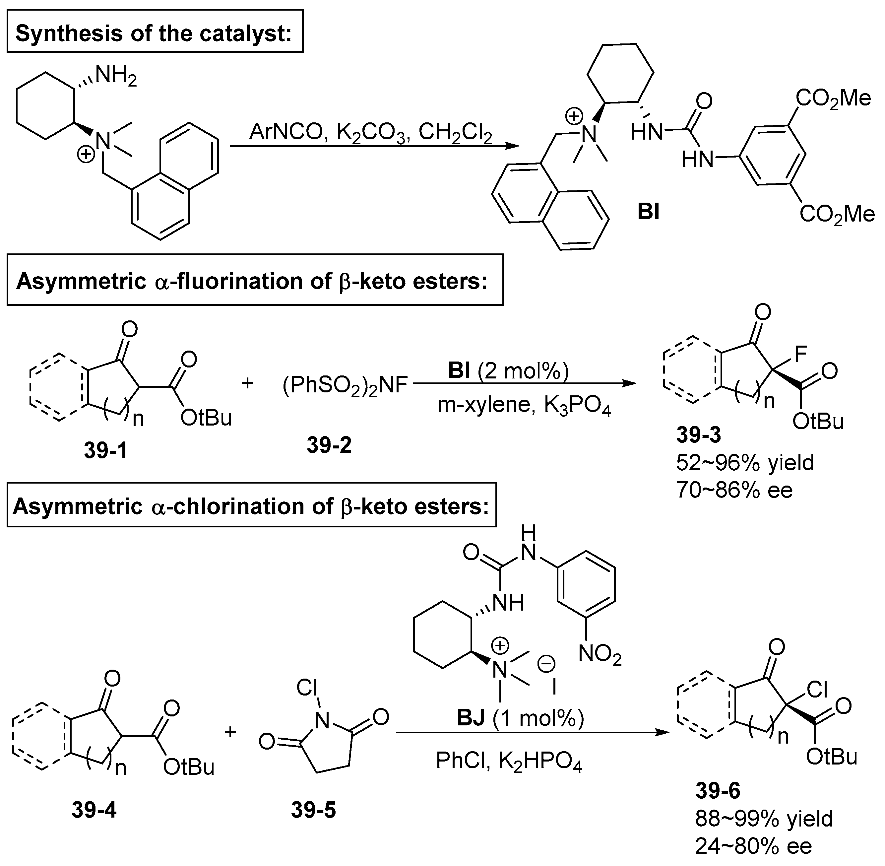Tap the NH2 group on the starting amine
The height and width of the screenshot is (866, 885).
pyautogui.click(x=115, y=75)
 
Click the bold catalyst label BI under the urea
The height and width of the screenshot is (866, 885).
pyautogui.click(x=649, y=212)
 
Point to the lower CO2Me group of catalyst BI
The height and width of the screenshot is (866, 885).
pyautogui.click(x=837, y=214)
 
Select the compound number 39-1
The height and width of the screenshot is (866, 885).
pyautogui.click(x=105, y=450)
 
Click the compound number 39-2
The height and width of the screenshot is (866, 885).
pyautogui.click(x=329, y=445)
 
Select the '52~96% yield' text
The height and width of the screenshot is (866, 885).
pyautogui.click(x=744, y=463)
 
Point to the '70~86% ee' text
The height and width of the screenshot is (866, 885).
pyautogui.click(x=734, y=490)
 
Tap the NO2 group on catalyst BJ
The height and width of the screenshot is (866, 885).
pyautogui.click(x=600, y=655)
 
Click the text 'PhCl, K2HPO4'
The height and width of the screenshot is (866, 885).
pyautogui.click(x=508, y=761)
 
